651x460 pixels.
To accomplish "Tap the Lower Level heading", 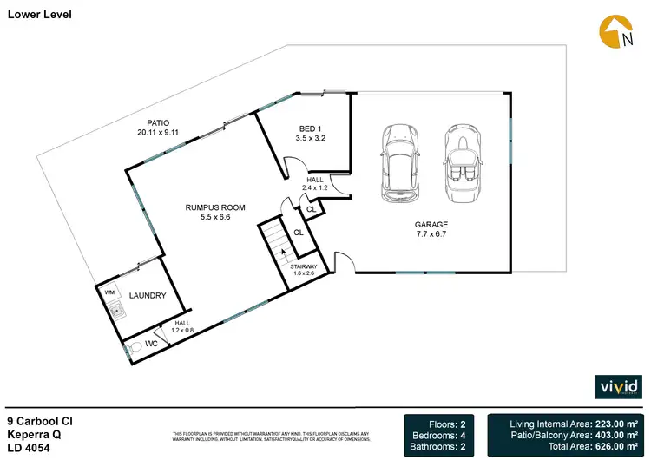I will point(40,15).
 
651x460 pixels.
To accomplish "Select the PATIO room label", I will point(158,122).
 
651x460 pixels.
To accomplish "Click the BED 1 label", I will point(310,128).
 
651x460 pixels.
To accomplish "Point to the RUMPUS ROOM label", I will point(215,208).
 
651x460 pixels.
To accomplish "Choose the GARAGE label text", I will point(431,225).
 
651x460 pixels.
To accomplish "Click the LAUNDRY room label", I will point(147,296).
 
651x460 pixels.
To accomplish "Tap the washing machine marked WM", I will point(109,293).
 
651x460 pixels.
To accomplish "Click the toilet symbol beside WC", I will point(133,348).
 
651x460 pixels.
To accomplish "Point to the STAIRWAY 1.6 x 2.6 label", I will point(303,270).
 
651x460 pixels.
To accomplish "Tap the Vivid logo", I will point(619,386).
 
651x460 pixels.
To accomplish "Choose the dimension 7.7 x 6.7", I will point(431,234).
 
